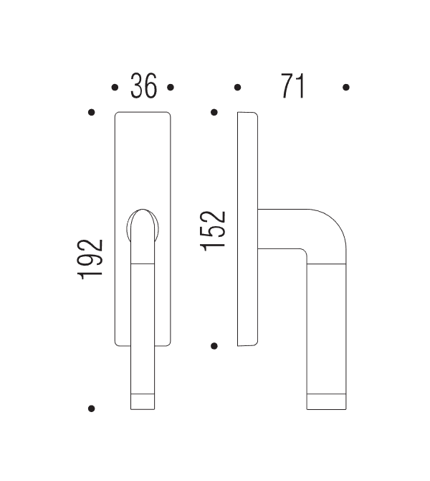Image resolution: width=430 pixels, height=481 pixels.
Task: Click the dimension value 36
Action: [x=143, y=87]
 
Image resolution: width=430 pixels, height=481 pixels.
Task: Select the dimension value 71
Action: [x=292, y=87]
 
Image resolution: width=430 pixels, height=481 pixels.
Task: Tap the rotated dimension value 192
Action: [x=92, y=259]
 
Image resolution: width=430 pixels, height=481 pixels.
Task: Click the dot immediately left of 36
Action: [x=115, y=88]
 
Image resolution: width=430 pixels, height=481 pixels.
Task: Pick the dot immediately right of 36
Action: [x=171, y=88]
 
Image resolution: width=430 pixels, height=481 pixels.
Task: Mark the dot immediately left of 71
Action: [x=237, y=88]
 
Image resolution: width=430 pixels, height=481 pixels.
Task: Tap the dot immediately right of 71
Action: [x=345, y=88]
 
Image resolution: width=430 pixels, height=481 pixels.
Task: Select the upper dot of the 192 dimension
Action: [x=91, y=112]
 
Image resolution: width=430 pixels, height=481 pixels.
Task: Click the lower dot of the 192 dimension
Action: [x=91, y=408]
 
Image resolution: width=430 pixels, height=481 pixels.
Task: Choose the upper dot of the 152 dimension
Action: [x=214, y=112]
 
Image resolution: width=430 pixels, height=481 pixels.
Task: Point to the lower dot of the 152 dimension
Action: [x=214, y=345]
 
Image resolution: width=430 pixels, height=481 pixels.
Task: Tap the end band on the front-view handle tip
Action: [x=143, y=401]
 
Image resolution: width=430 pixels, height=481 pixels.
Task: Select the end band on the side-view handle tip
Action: [x=327, y=401]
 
